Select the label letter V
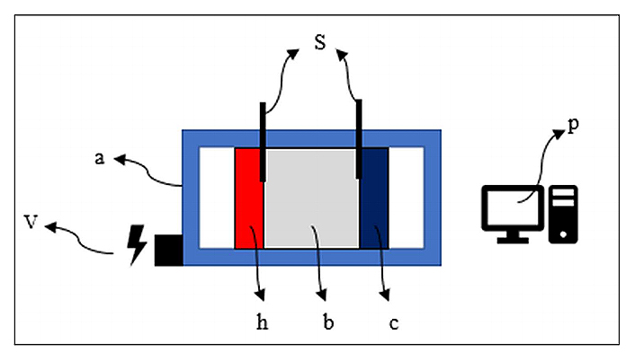pyautogui.click(x=30, y=221)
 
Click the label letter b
pyautogui.click(x=327, y=320)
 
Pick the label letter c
pyautogui.click(x=393, y=321)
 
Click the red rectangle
pyautogui.click(x=248, y=198)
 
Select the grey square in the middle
pyautogui.click(x=311, y=198)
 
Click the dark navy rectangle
pyautogui.click(x=374, y=198)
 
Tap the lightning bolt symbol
pyautogui.click(x=137, y=244)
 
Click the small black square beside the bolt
pyautogui.click(x=168, y=250)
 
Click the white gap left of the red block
pyautogui.click(x=216, y=198)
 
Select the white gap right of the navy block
pyautogui.click(x=406, y=198)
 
